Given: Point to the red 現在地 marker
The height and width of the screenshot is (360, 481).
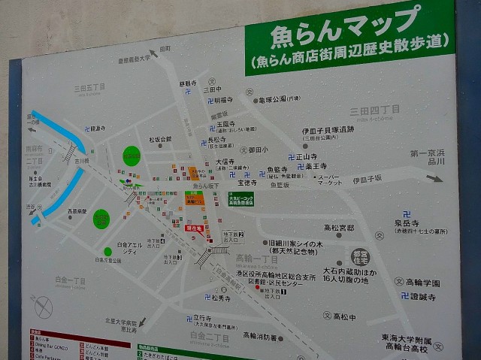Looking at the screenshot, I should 193,227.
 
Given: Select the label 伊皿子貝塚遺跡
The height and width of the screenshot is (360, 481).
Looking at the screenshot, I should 328,130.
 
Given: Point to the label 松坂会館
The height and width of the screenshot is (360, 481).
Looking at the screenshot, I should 159,140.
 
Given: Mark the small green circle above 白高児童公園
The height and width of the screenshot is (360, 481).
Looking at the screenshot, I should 101,219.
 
